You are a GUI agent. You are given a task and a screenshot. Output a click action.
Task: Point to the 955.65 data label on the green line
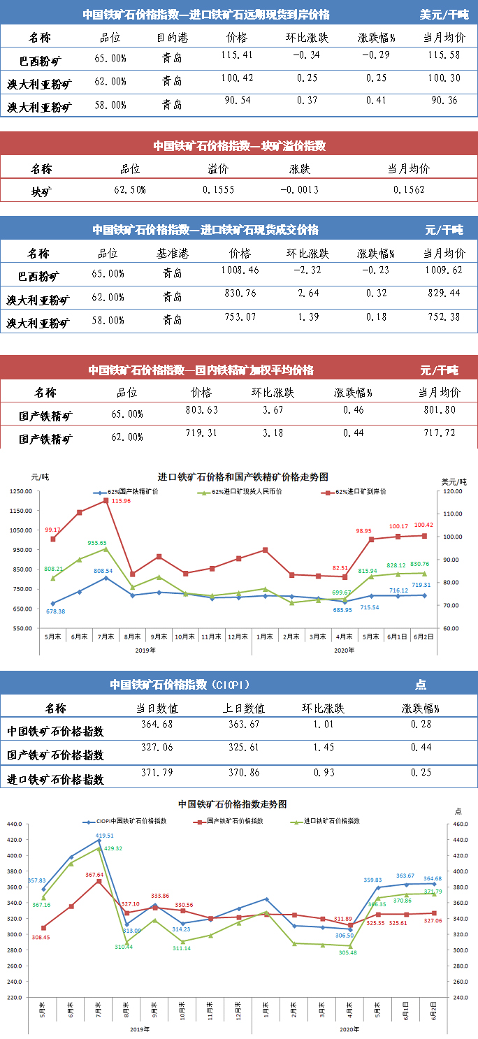pyautogui.click(x=96, y=543)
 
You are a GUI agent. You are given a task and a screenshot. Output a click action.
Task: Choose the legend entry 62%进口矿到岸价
pyautogui.click(x=356, y=492)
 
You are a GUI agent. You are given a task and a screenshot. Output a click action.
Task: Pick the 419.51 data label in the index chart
pyautogui.click(x=105, y=835)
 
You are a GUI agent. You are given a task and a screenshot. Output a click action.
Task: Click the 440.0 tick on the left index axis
pyautogui.click(x=16, y=824)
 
